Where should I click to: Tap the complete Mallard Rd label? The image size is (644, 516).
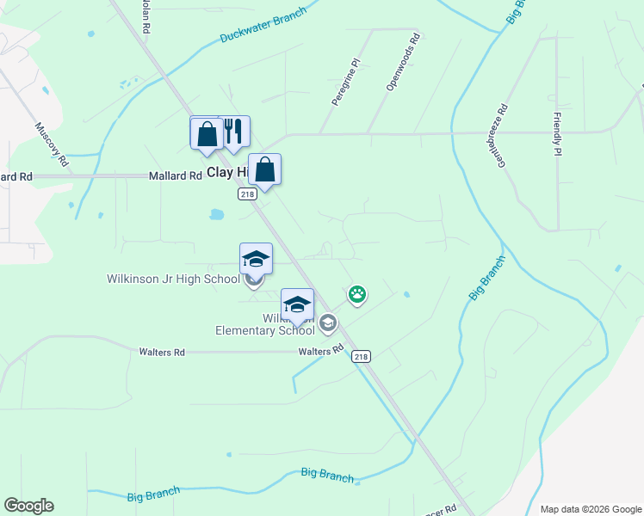tap(175, 175)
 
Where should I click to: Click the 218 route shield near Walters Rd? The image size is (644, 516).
tap(362, 356)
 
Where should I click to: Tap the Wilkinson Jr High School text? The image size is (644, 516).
tap(173, 279)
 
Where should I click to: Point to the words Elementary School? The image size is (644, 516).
tap(265, 330)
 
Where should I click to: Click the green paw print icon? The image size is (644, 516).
tap(357, 295)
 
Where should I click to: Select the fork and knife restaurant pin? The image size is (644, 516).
tap(232, 132)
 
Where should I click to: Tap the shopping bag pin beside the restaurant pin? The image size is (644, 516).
tap(207, 134)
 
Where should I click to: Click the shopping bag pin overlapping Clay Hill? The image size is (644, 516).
tap(264, 169)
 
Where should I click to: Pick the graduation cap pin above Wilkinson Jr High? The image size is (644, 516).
tap(256, 258)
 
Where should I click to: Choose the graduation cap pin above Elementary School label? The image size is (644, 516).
tap(297, 304)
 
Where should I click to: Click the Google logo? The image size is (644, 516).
tap(28, 506)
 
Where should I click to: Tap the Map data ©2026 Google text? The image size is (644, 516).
tap(590, 509)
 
